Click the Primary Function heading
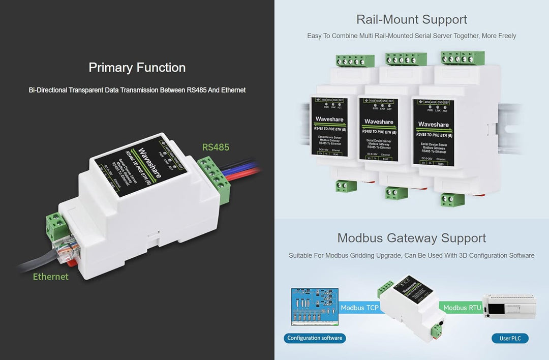137,68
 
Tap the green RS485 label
216,147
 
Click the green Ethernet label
50,277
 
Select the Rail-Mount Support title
412,20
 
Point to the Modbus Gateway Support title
412,238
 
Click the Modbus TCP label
359,308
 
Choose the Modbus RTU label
462,308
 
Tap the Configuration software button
315,338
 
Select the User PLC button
510,338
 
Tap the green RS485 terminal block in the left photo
214,178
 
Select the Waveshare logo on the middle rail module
379,122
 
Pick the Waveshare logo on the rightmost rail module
433,125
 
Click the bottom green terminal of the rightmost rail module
452,199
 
